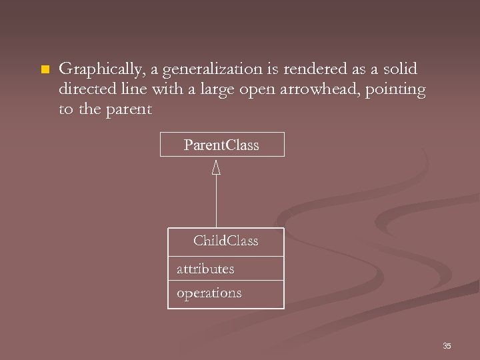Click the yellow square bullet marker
45,70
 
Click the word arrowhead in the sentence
315,89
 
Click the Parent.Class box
222,145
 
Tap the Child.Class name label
225,241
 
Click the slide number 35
447,345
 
